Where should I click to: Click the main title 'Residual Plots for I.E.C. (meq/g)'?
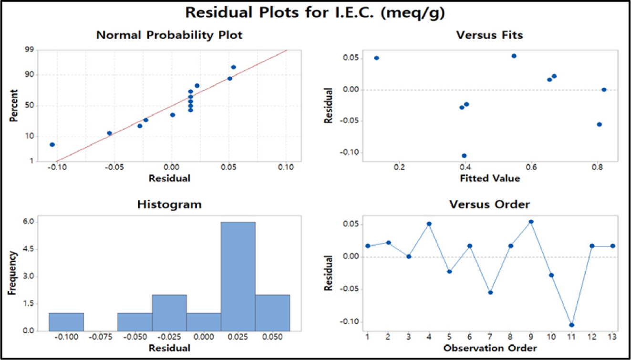pyautogui.click(x=315, y=13)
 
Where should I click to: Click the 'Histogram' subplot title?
pyautogui.click(x=169, y=205)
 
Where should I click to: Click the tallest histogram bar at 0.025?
pyautogui.click(x=238, y=277)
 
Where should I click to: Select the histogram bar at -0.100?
pyautogui.click(x=66, y=322)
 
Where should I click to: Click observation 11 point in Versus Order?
pyautogui.click(x=571, y=325)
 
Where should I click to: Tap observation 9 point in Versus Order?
pyautogui.click(x=531, y=222)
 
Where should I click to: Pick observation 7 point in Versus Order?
pyautogui.click(x=490, y=292)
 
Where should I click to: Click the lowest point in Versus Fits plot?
pyautogui.click(x=464, y=155)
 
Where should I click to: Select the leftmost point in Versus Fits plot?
pyautogui.click(x=376, y=58)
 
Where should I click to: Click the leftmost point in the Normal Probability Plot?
pyautogui.click(x=52, y=144)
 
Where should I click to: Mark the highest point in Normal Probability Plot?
pyautogui.click(x=233, y=67)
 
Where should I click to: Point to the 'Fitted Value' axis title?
pyautogui.click(x=490, y=179)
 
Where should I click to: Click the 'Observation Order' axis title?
pyautogui.click(x=490, y=348)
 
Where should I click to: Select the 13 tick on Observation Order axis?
pyautogui.click(x=612, y=337)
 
